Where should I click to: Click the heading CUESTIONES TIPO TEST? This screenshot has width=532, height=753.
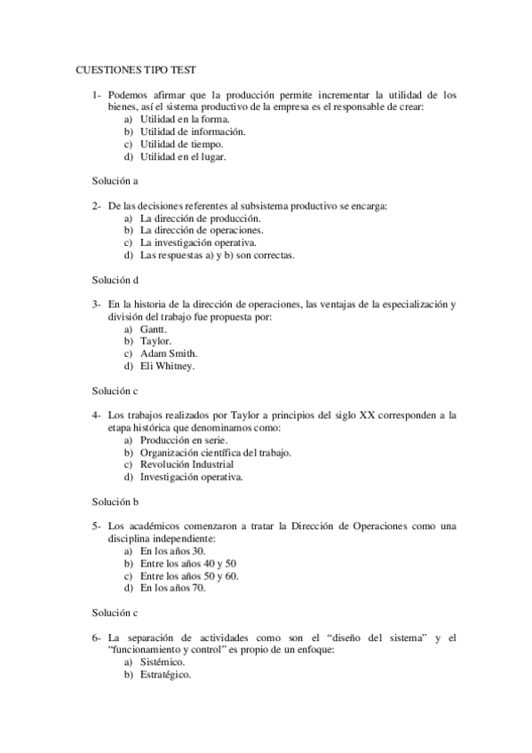tap(136, 67)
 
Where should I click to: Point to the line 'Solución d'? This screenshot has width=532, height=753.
tap(115, 279)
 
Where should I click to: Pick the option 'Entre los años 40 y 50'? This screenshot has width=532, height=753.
tap(188, 563)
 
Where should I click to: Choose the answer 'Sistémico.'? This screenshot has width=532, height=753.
tap(163, 662)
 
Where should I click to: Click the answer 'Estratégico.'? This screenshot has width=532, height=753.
tap(166, 674)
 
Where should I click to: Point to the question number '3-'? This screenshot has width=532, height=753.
tap(97, 304)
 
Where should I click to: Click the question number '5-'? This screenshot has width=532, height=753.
tap(97, 526)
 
